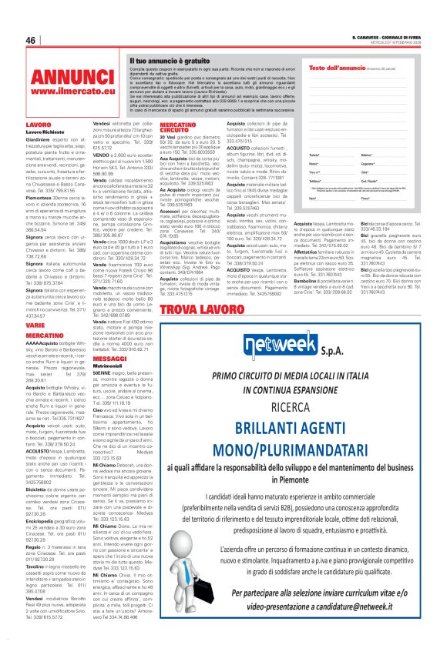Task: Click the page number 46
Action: [31, 41]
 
